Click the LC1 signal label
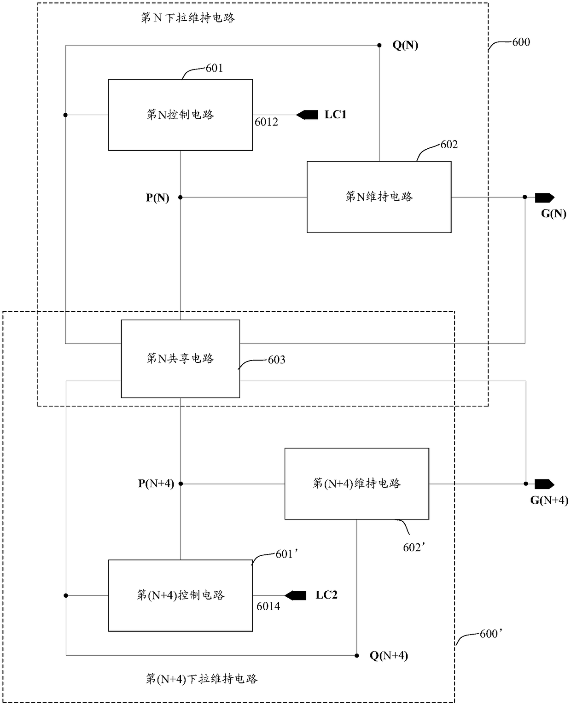[x=335, y=115]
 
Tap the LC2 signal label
[x=326, y=595]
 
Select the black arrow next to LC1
[x=307, y=115]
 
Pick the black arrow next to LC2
[x=295, y=595]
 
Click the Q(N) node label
[x=405, y=45]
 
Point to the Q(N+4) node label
[x=389, y=656]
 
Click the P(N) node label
[x=157, y=198]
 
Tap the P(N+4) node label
[x=156, y=484]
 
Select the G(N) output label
[x=554, y=214]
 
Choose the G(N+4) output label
[x=549, y=500]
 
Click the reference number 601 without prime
[x=214, y=68]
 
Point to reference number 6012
[x=266, y=122]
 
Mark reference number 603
[x=276, y=360]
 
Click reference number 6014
[x=268, y=606]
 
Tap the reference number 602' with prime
[x=414, y=548]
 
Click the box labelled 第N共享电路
[x=181, y=359]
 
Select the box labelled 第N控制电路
[x=181, y=115]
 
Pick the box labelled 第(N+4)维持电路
[x=357, y=484]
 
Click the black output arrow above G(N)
[x=544, y=198]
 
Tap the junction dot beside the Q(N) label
[x=379, y=45]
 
